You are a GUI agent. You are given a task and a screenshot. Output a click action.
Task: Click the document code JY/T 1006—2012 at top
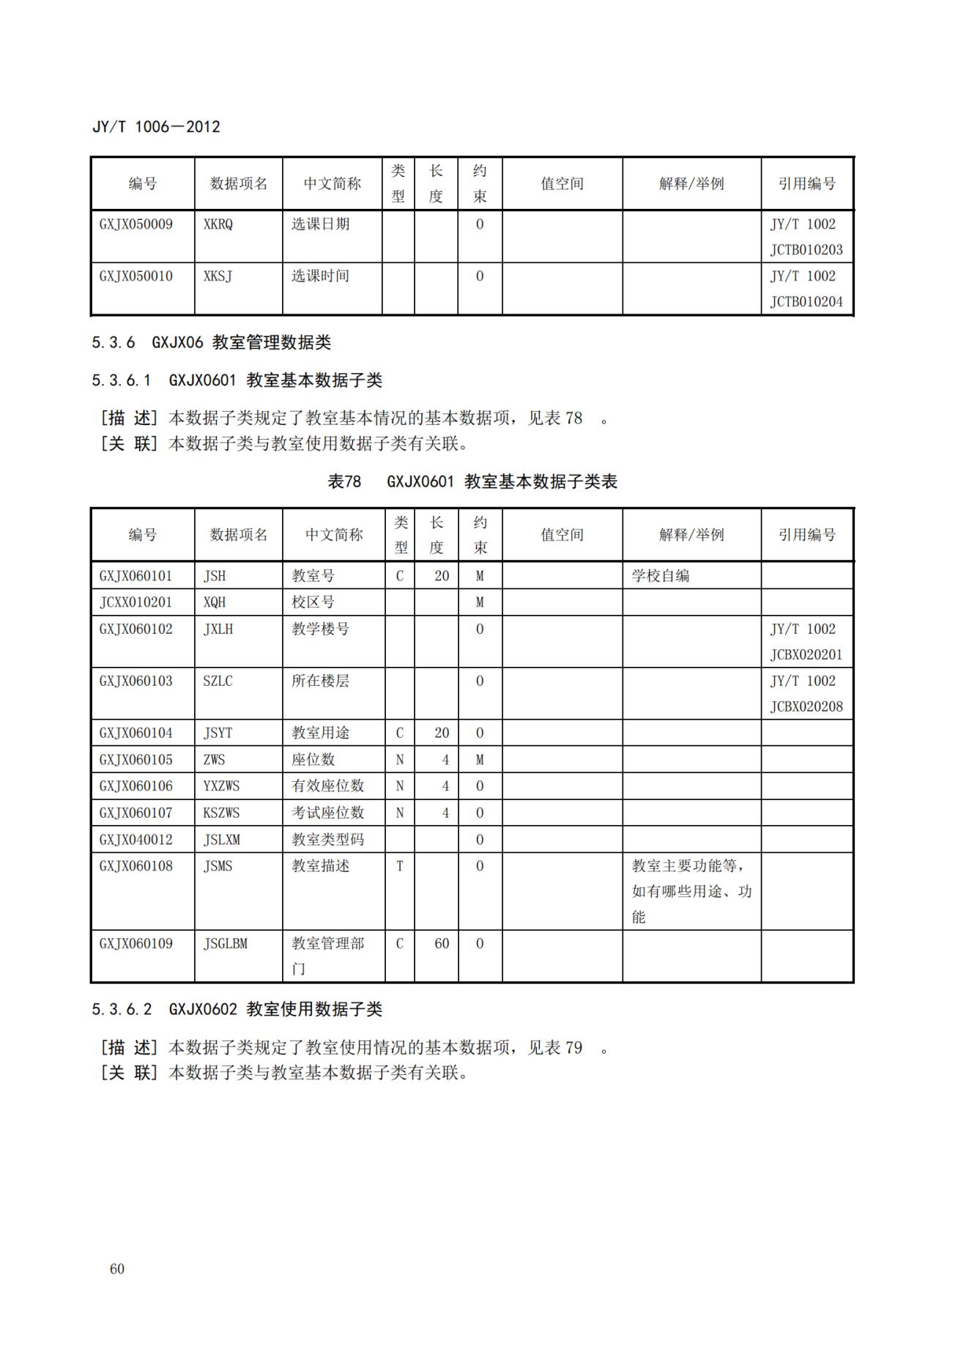click(x=156, y=127)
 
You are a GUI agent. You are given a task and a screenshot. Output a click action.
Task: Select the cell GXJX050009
click(x=136, y=224)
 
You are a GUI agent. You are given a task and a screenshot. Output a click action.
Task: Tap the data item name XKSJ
click(x=218, y=276)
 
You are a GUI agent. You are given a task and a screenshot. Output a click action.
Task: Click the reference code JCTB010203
click(x=806, y=250)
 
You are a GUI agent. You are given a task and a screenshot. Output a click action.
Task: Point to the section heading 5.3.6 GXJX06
click(x=211, y=342)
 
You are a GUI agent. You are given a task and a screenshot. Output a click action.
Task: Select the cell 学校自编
click(x=660, y=576)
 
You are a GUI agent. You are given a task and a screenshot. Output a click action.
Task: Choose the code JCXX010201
click(x=136, y=602)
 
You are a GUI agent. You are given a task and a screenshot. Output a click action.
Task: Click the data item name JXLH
click(x=218, y=629)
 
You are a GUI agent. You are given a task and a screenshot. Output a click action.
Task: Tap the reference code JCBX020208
click(x=806, y=707)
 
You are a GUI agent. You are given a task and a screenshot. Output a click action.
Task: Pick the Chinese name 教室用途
click(x=320, y=733)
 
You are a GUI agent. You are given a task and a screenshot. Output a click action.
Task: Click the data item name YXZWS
click(x=221, y=786)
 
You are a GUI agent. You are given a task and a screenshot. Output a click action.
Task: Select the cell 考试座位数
click(x=327, y=813)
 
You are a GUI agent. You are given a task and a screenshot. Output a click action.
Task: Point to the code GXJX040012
click(x=136, y=839)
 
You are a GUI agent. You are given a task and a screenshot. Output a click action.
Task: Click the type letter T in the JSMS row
click(x=399, y=866)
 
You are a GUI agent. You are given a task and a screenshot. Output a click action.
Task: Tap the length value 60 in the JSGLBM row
click(x=441, y=944)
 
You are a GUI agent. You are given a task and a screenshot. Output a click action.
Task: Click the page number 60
click(x=117, y=1269)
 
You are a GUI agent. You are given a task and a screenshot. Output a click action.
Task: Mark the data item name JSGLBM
click(x=225, y=944)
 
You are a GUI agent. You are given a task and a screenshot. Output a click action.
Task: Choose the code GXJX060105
click(x=136, y=760)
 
